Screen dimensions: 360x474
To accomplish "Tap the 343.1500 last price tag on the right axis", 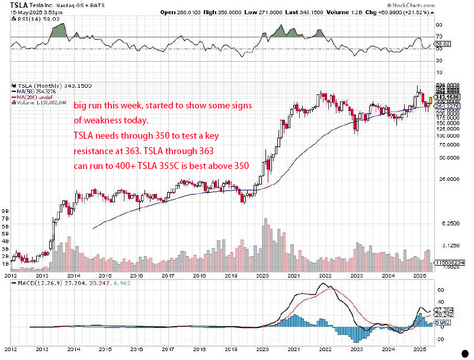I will click(448, 97).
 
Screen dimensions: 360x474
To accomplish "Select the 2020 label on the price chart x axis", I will click(261, 276).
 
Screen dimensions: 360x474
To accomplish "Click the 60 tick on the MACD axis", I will click(440, 291).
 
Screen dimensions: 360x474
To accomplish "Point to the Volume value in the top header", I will click(362, 11).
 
